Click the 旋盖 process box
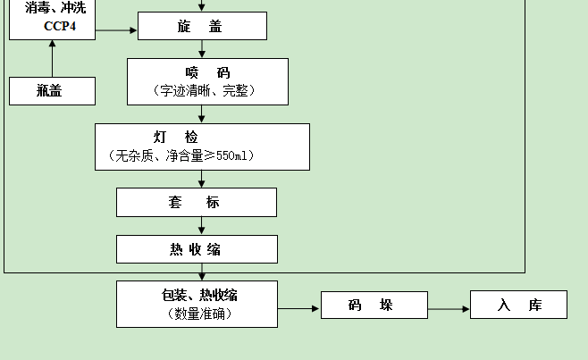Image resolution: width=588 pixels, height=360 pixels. pos(202,26)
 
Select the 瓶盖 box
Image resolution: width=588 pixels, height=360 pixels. pos(52,90)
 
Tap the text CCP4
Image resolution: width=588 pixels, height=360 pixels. pos(60,26)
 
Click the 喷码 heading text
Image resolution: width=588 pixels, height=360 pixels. pos(207,72)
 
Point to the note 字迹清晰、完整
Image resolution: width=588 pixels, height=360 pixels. pos(207,91)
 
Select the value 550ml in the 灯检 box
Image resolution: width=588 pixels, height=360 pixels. pos(235,155)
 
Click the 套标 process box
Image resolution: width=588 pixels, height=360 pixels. pos(196,203)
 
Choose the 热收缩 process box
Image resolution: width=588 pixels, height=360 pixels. pos(196,249)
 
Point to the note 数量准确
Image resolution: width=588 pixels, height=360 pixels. pos(196,314)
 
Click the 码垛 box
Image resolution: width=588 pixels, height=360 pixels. pos(369,306)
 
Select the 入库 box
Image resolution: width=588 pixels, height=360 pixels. pos(518,306)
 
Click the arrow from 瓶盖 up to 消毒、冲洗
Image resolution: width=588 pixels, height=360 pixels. pos(52,59)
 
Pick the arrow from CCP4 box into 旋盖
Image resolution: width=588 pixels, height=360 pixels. pos(116,30)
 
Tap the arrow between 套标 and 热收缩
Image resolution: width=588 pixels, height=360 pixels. pos(202,226)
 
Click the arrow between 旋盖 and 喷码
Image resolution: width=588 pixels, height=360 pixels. pos(202,49)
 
